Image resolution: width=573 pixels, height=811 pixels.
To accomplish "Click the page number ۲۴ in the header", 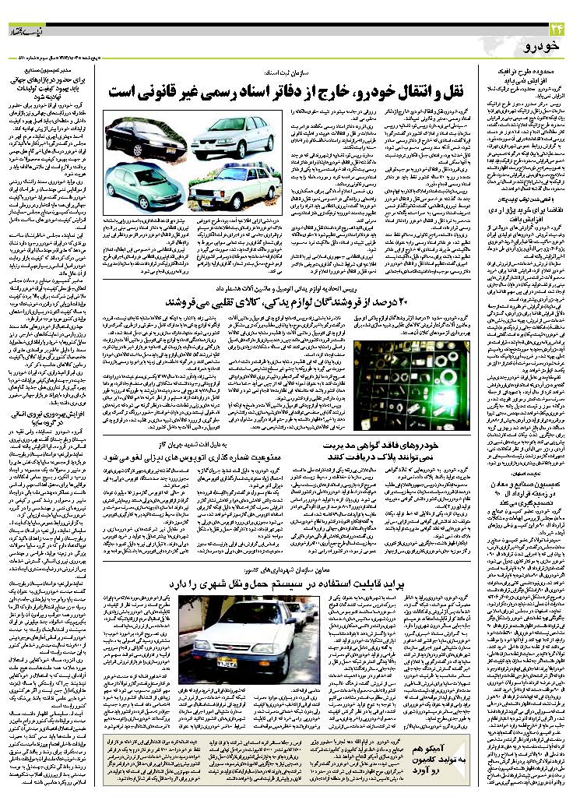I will pyautogui.click(x=554, y=30).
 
